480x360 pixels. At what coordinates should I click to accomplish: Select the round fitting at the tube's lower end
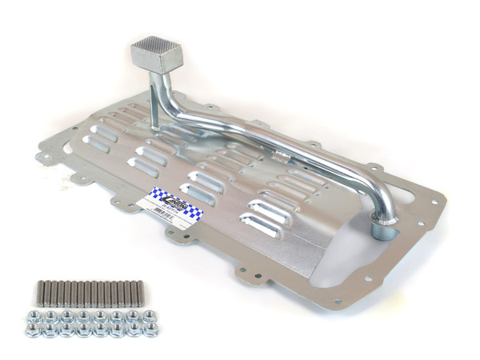385,231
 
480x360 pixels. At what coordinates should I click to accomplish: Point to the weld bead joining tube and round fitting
386,217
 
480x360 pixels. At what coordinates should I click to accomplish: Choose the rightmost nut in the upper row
149,315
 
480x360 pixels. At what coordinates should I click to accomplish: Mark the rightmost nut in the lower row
150,329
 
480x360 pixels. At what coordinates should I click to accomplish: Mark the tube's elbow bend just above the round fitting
382,192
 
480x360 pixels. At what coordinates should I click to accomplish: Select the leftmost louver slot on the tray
97,145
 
